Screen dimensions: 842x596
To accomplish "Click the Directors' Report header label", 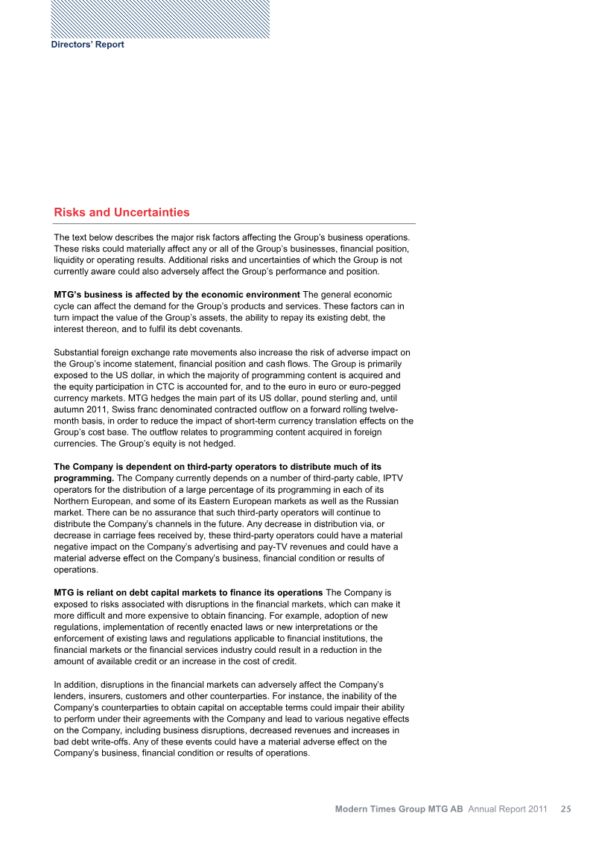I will click(x=87, y=45).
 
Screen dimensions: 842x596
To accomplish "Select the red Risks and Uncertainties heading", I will click(x=121, y=212).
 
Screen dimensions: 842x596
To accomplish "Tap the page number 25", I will click(x=566, y=808).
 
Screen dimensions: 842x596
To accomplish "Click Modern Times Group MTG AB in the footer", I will click(x=399, y=808).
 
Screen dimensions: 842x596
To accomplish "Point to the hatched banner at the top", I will click(x=160, y=19).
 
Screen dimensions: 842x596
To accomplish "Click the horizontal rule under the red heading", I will click(x=234, y=224).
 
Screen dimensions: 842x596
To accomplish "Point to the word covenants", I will click(x=216, y=329).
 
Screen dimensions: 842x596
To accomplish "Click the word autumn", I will click(x=72, y=410).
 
